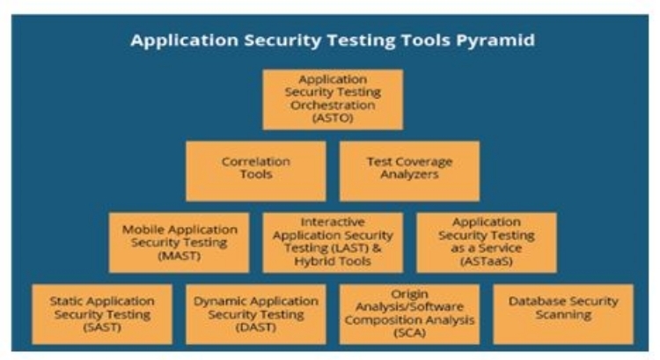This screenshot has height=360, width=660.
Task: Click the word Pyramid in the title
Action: point(495,40)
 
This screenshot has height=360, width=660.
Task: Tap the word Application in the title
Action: point(185,40)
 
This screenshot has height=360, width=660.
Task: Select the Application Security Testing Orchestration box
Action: point(333,99)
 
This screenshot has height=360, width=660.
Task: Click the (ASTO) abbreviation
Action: point(333,118)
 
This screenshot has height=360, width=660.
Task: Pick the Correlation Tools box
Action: point(256,171)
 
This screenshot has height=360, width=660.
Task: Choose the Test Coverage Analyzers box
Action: point(409,171)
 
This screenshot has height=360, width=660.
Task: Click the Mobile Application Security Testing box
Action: point(179,243)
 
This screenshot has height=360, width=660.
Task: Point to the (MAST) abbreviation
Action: point(180,255)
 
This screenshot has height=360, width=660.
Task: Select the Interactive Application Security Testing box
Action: point(333,243)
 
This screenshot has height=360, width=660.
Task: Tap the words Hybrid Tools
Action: point(333,261)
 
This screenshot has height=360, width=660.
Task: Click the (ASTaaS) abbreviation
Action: point(487,261)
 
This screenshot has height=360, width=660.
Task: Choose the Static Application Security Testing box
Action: point(102,314)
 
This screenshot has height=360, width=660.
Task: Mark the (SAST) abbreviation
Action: point(102,327)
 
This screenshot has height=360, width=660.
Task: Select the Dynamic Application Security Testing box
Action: point(256,314)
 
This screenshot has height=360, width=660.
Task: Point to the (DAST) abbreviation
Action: point(256,327)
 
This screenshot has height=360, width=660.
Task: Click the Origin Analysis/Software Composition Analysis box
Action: point(409,314)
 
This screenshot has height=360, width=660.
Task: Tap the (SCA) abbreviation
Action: point(409,333)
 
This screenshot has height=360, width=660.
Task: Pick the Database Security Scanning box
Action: point(563,314)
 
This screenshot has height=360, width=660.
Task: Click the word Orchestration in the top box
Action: point(333,105)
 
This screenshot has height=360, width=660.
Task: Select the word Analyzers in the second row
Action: point(409,174)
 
